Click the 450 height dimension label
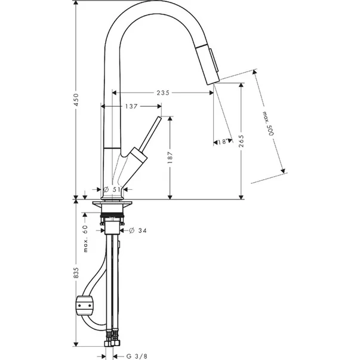[76, 100]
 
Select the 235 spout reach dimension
[163, 93]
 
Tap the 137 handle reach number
[131, 106]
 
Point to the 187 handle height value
[170, 158]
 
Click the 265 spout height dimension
[241, 141]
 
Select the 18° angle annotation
[222, 141]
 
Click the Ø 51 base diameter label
[112, 189]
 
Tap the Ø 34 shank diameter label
[138, 230]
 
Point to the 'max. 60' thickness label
[85, 239]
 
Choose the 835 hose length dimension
[76, 273]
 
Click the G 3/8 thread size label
[136, 356]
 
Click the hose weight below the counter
[85, 306]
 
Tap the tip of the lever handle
[159, 118]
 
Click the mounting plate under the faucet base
[112, 203]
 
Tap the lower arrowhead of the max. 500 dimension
[283, 171]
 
